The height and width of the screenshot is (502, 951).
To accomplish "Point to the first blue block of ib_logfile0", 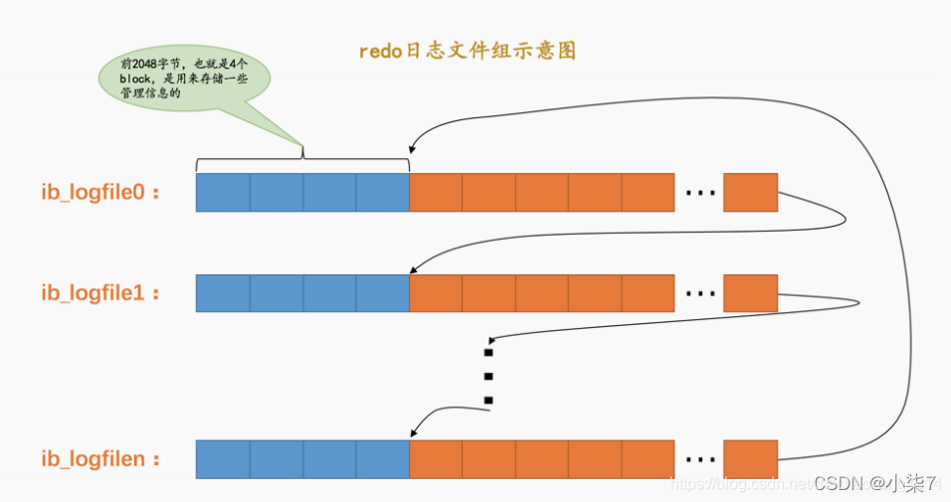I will [223, 193].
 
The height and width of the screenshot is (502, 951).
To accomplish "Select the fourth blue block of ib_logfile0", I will [382, 193].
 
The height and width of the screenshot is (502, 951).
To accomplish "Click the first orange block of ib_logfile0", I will [436, 193].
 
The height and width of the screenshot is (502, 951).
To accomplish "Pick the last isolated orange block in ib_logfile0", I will [750, 193].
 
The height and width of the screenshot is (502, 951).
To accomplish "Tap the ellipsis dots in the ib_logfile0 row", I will [700, 194].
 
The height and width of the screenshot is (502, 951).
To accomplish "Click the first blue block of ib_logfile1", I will [223, 293].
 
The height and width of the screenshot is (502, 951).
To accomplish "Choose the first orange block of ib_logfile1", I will [436, 293].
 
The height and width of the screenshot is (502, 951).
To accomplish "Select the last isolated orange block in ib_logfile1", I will [750, 293].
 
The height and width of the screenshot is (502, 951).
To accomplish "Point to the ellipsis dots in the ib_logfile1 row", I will [700, 294].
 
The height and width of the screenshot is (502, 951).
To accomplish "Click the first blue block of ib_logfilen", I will [223, 459].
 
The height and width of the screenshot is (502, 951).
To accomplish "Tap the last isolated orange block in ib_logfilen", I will [750, 459].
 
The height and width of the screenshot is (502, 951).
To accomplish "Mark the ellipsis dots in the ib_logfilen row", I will [700, 460].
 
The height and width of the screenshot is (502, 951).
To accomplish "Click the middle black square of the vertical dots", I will [488, 376].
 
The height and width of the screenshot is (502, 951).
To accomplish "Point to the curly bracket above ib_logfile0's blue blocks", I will [302, 160].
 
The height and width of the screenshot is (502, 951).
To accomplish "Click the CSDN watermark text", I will [875, 483].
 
